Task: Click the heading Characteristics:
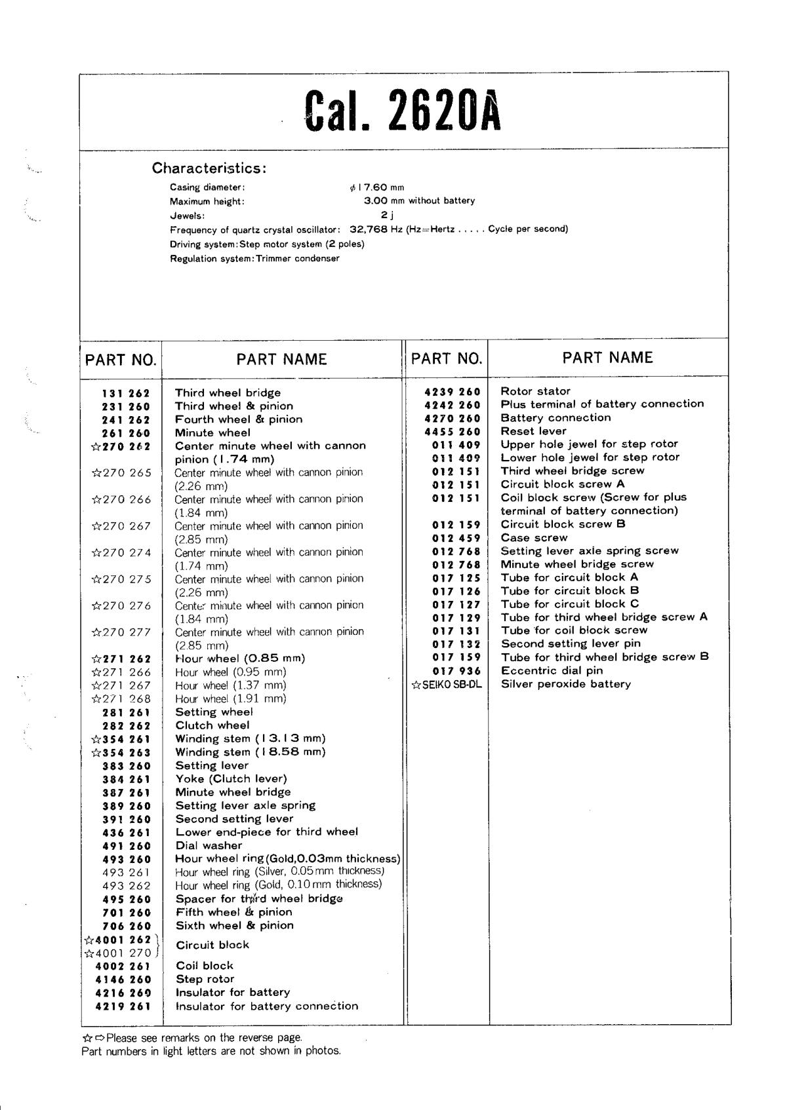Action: tap(209, 168)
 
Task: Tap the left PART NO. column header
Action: tap(121, 360)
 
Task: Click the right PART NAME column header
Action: tap(607, 358)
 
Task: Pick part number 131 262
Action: tap(126, 394)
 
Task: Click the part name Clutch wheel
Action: tap(212, 725)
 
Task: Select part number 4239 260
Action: tap(453, 392)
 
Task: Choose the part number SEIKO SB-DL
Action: tap(447, 685)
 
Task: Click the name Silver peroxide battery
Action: tap(565, 684)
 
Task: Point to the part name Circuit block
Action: tap(212, 945)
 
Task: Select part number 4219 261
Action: tap(123, 1006)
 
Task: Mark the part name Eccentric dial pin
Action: tap(552, 670)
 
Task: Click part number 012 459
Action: tap(456, 538)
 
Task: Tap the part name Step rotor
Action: tap(205, 979)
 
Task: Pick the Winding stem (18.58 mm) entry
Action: tap(250, 752)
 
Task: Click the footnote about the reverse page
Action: tap(193, 1038)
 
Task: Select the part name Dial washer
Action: tap(209, 846)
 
